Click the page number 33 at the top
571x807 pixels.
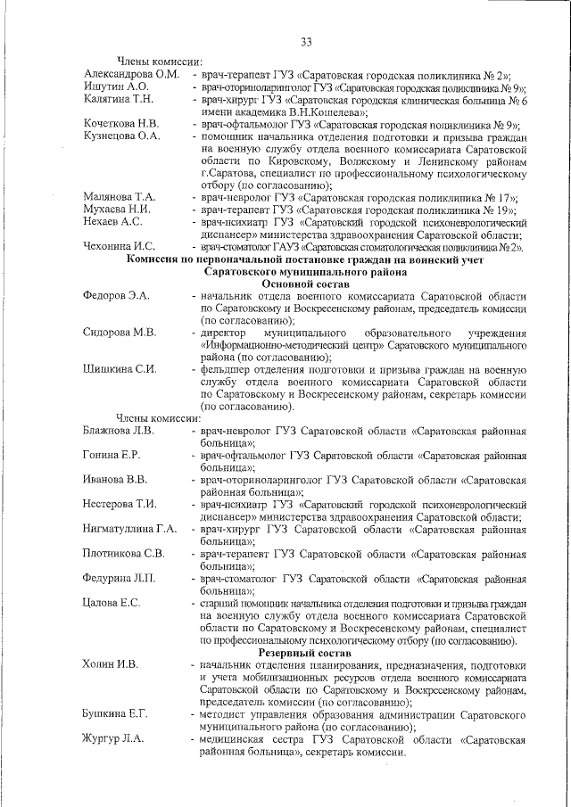coord(305,43)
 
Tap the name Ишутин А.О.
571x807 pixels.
coord(116,86)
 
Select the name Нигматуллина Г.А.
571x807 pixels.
coord(129,529)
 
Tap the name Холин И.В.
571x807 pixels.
coord(110,665)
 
